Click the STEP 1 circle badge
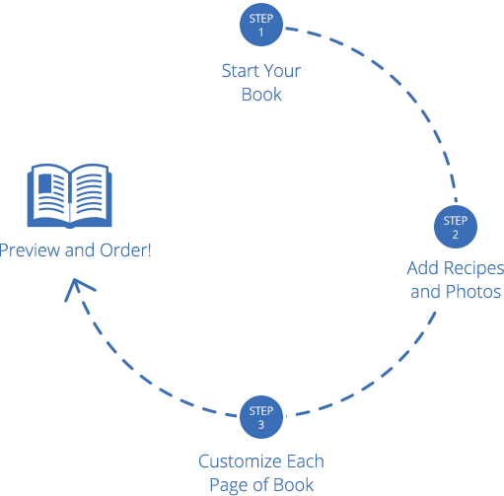(261, 25)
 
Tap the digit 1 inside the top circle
(261, 33)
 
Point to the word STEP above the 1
(261, 18)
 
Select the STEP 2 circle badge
(455, 227)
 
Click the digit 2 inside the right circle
(455, 236)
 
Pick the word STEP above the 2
(455, 220)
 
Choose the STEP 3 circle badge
(261, 416)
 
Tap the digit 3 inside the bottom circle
(261, 425)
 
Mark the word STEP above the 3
(261, 410)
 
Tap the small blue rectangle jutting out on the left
(44, 195)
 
